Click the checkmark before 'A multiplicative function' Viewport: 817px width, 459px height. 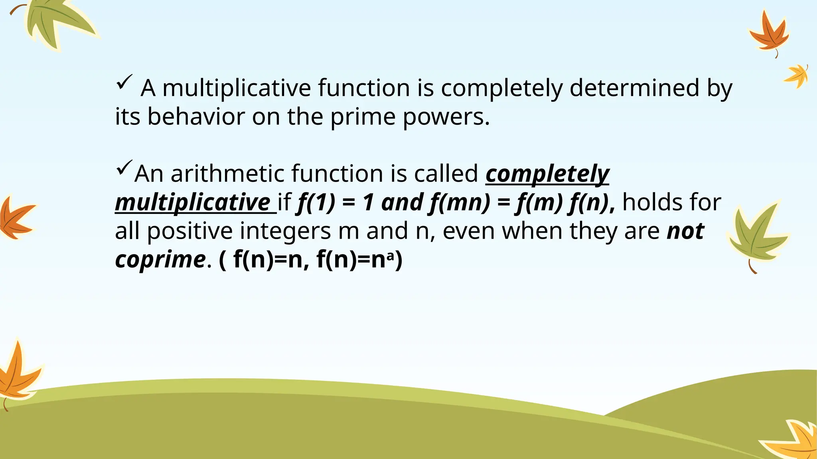(124, 82)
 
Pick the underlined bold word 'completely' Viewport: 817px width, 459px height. (547, 174)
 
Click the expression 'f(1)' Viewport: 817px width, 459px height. (316, 202)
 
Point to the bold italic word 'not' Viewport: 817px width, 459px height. (685, 231)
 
